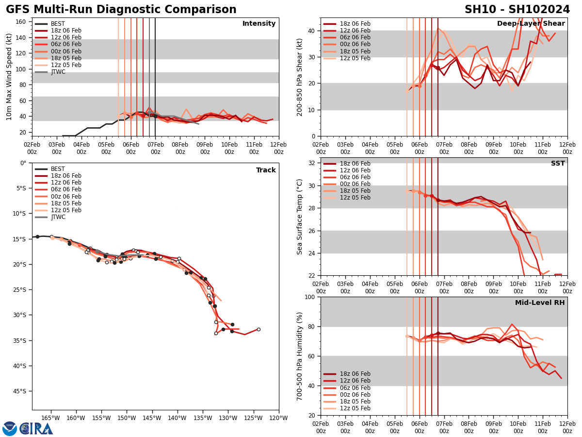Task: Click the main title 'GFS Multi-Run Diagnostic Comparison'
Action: [121, 10]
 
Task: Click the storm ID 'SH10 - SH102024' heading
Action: [517, 10]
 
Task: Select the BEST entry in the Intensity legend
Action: [58, 24]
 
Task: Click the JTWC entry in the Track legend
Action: [58, 217]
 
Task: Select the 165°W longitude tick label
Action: [50, 418]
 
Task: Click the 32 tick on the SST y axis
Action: [311, 163]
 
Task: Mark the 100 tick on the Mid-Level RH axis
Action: [309, 297]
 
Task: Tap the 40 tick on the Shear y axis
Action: [311, 31]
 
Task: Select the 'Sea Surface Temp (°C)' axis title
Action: [300, 217]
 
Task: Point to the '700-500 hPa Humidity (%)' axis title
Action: [300, 356]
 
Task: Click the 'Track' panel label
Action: [266, 170]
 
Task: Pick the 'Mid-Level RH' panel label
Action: [540, 303]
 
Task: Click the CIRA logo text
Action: [36, 428]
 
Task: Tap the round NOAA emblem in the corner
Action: [10, 428]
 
